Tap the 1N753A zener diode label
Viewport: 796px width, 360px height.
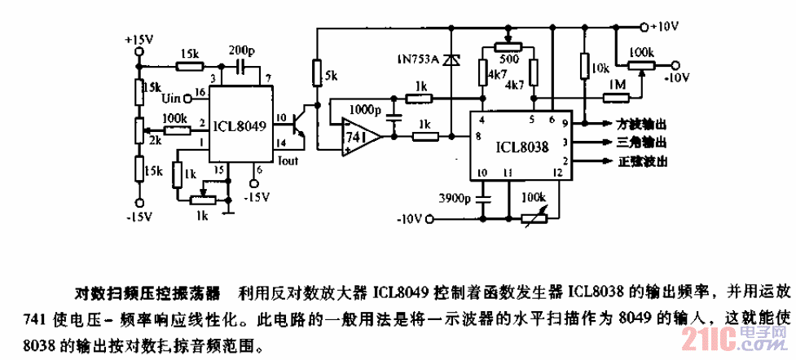click(416, 59)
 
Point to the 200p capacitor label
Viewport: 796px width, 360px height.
click(242, 49)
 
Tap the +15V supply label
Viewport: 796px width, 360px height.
click(139, 39)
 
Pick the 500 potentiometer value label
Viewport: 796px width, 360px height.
click(506, 59)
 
